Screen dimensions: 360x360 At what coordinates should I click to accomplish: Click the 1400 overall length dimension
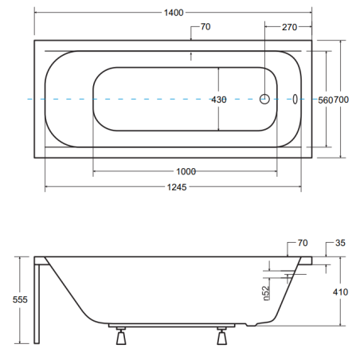[174, 13]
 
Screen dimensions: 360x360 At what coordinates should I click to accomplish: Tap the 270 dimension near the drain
[289, 27]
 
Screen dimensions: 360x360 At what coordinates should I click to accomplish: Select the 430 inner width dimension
[219, 100]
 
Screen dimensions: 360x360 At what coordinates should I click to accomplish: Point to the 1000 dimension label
[186, 171]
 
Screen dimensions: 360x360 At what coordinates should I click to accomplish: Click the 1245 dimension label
[177, 187]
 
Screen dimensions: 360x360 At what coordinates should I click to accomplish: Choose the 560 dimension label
[326, 100]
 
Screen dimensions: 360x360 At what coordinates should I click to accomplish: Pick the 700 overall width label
[341, 100]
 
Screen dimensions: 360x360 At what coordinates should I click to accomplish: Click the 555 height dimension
[20, 299]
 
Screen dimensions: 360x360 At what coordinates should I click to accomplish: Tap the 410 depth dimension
[340, 292]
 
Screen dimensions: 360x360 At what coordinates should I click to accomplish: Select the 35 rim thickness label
[340, 243]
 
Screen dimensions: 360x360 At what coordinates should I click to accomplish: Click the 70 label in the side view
[303, 243]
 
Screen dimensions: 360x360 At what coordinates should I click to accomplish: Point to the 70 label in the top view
[205, 26]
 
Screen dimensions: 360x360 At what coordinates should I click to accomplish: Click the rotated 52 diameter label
[266, 293]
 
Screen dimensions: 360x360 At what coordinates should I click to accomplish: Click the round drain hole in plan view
[264, 99]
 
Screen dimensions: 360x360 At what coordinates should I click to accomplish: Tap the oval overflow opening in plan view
[295, 99]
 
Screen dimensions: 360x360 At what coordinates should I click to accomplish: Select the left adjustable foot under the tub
[121, 336]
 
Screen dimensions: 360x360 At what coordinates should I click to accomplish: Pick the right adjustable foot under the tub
[222, 336]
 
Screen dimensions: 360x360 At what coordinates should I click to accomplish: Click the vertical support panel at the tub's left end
[37, 303]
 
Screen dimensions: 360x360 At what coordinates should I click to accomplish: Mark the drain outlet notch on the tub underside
[252, 324]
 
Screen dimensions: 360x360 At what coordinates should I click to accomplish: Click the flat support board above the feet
[172, 325]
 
